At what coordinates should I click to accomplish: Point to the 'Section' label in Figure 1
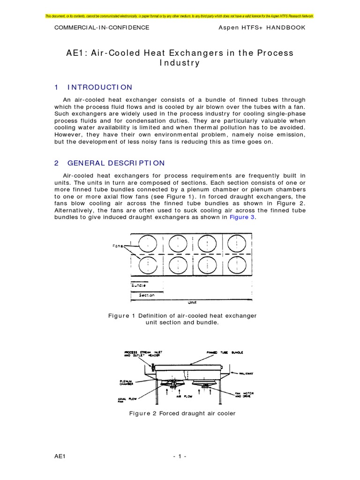[x=146, y=295]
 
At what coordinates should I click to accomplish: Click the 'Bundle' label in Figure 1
[x=138, y=285]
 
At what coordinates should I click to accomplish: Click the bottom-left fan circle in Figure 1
[x=149, y=265]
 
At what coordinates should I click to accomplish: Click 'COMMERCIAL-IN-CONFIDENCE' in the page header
[x=102, y=28]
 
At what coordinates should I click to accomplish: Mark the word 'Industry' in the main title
[x=180, y=63]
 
